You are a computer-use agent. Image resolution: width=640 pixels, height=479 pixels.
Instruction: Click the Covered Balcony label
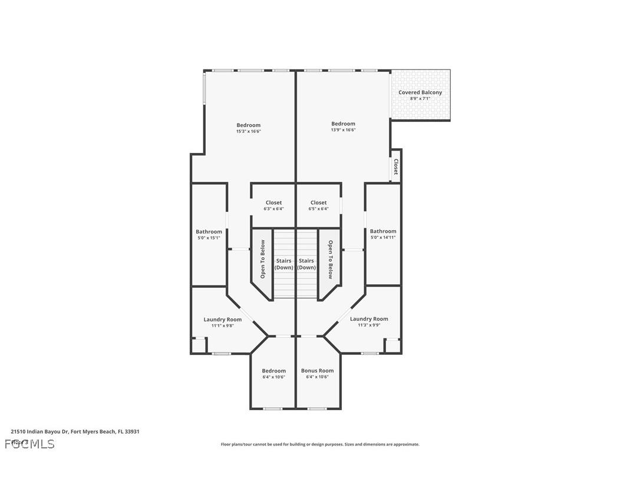[420, 92]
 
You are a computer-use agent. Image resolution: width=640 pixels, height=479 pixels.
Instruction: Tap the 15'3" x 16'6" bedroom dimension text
[248, 131]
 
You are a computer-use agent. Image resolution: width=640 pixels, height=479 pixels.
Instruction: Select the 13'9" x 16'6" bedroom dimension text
[343, 130]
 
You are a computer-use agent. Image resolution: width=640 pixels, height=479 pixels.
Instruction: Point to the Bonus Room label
[317, 371]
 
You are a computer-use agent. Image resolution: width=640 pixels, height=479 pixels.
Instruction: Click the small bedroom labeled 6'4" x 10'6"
[273, 374]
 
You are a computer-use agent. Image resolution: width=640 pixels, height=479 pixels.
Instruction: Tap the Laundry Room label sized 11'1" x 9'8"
[222, 320]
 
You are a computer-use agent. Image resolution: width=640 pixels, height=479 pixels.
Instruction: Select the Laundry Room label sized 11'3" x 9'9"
[369, 319]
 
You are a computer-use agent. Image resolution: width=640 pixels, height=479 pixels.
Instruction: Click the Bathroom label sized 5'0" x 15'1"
[209, 232]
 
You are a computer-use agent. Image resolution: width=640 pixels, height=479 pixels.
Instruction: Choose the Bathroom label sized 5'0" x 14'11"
[383, 231]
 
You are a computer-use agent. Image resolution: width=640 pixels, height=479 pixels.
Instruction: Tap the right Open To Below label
[331, 259]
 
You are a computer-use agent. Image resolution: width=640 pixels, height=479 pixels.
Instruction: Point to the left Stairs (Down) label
[284, 264]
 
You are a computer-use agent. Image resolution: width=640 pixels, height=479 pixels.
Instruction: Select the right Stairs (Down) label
[306, 264]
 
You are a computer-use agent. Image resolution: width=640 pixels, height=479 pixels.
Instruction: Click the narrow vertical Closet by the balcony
[396, 167]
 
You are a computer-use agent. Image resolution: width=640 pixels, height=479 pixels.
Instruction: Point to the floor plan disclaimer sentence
[320, 444]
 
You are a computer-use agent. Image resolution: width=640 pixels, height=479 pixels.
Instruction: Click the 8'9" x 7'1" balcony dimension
[420, 99]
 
